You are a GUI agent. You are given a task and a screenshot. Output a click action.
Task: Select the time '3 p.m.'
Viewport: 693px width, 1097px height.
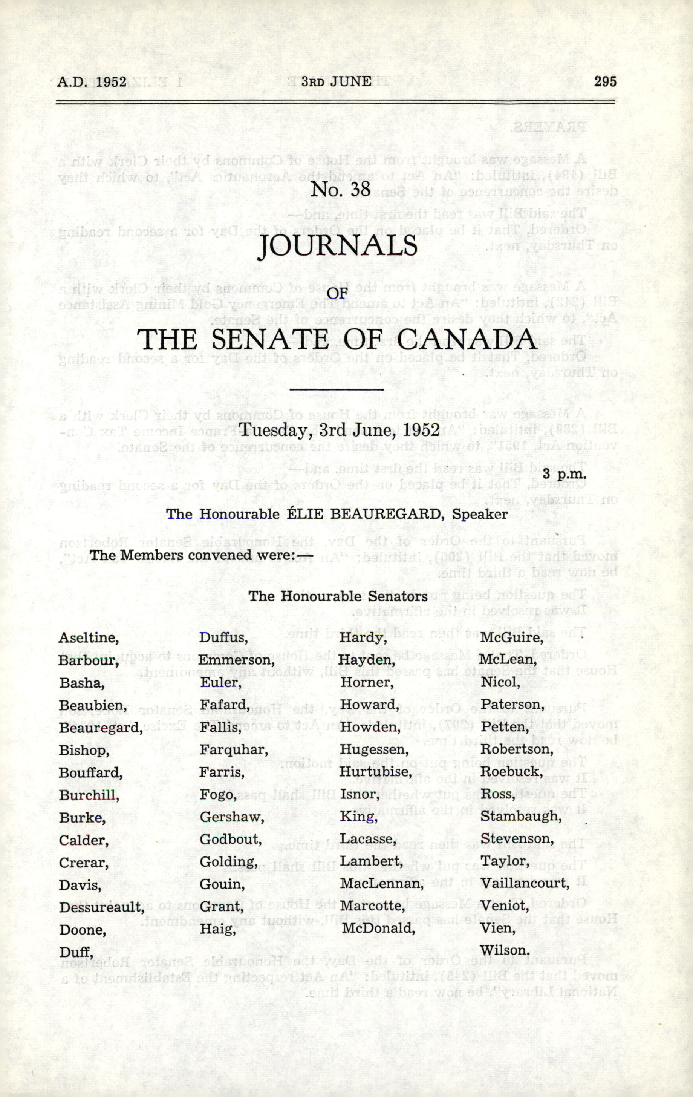tap(564, 474)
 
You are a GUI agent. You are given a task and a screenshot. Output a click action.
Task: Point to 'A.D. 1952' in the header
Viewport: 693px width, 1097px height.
tap(92, 82)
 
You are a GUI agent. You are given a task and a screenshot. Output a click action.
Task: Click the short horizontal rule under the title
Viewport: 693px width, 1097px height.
tap(337, 389)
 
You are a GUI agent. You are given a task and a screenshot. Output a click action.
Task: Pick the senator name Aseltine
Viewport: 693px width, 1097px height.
tap(88, 638)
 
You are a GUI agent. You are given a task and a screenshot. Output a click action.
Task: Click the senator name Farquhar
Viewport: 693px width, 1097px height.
tap(234, 749)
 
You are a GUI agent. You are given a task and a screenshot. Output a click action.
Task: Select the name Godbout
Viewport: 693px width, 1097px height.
tap(230, 839)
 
